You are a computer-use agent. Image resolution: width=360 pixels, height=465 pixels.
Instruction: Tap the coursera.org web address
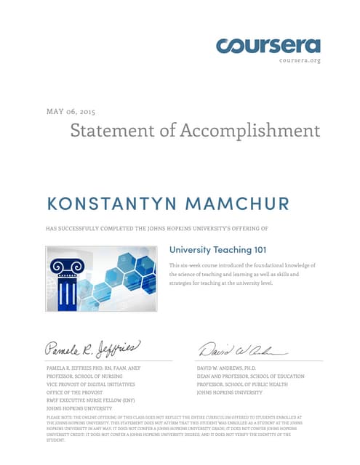pyautogui.click(x=299, y=60)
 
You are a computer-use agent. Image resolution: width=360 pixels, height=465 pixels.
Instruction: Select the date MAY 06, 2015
pyautogui.click(x=71, y=111)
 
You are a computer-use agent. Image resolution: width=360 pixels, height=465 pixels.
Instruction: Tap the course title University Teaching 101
pyautogui.click(x=217, y=250)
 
